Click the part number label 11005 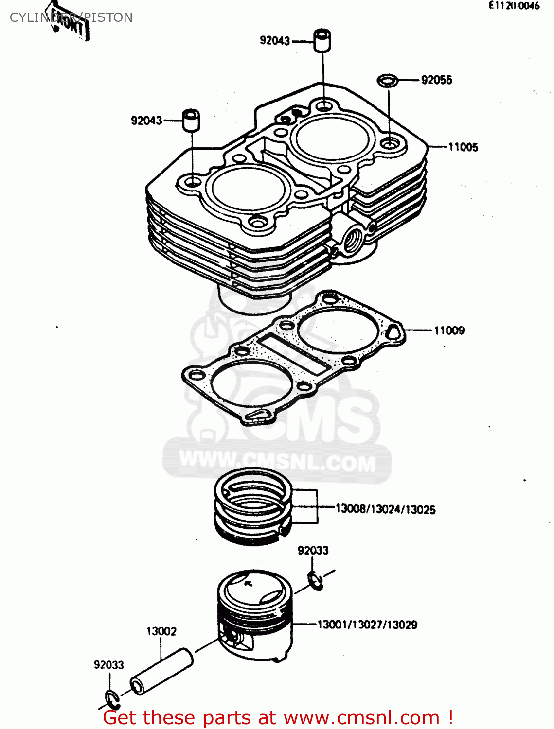point(463,147)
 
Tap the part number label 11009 point(448,330)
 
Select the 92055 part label point(436,80)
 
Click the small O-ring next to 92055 point(388,80)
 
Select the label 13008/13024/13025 point(385,509)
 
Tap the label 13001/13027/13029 point(367,625)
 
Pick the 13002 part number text point(161,631)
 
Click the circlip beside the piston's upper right point(315,580)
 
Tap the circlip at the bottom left point(112,699)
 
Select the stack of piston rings point(253,505)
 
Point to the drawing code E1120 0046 point(514,6)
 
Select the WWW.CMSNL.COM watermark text point(277,461)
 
